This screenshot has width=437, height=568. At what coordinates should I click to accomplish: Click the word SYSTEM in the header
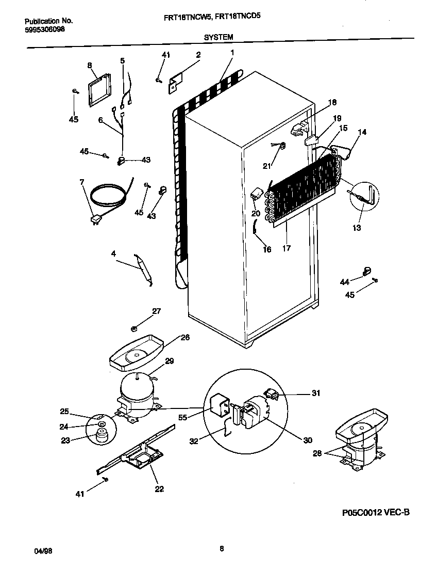218,37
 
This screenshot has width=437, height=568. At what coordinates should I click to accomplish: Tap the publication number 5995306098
45,29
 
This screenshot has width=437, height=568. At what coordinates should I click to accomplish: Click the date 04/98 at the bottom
43,551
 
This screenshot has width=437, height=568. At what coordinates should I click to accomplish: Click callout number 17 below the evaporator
287,248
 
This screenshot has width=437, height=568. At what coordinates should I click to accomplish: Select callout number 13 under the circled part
357,227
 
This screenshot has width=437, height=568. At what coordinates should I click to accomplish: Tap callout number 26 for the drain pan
184,338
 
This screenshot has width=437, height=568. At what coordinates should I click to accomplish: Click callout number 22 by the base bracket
159,489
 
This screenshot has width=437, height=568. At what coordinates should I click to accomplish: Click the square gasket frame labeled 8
100,91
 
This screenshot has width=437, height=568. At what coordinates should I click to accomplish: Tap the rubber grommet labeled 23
98,436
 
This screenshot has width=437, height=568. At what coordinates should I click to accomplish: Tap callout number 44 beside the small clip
344,281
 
